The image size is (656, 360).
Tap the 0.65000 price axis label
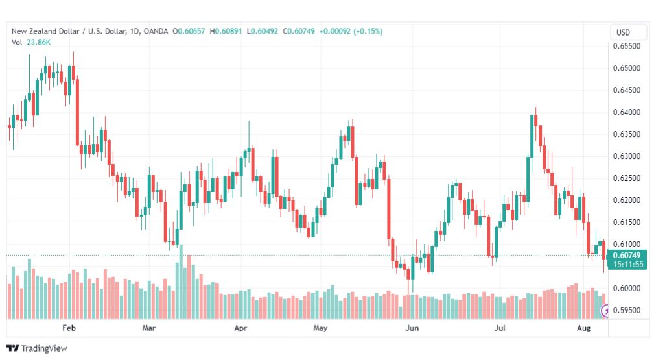point(626,68)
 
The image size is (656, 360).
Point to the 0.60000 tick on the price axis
point(626,288)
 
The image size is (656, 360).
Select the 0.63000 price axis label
point(626,156)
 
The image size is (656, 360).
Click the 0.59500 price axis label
point(626,310)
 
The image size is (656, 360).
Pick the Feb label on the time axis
point(69,328)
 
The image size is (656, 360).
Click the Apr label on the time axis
point(240,328)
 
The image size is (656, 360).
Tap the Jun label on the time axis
point(412,328)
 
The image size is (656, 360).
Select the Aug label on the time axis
point(583,328)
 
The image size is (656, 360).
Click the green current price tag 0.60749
point(627,255)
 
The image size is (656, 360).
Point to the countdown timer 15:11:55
point(628,264)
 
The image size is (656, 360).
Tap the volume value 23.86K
point(38,42)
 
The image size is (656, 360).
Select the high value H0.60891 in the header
point(226,31)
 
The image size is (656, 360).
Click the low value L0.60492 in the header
point(263,31)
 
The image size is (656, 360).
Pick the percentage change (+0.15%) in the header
point(368,31)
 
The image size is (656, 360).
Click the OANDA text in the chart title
point(156,31)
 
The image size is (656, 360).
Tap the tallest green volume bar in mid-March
point(181,282)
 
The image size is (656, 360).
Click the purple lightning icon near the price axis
point(605,311)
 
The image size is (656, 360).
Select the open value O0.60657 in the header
point(189,31)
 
